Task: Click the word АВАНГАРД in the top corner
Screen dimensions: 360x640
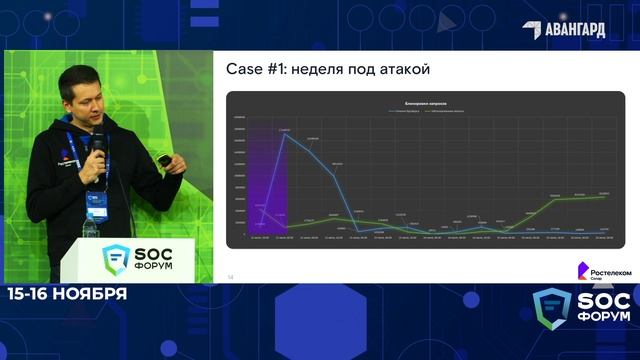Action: [575, 29]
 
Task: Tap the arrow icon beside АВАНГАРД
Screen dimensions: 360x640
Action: [532, 30]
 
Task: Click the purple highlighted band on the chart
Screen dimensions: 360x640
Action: [268, 176]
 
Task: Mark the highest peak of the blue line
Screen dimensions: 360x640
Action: [285, 133]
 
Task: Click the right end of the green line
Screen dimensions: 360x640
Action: [604, 196]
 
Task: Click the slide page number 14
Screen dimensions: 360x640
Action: [230, 276]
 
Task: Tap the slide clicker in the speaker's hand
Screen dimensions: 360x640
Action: [162, 160]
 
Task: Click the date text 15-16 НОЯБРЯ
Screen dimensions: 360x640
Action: [67, 294]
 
